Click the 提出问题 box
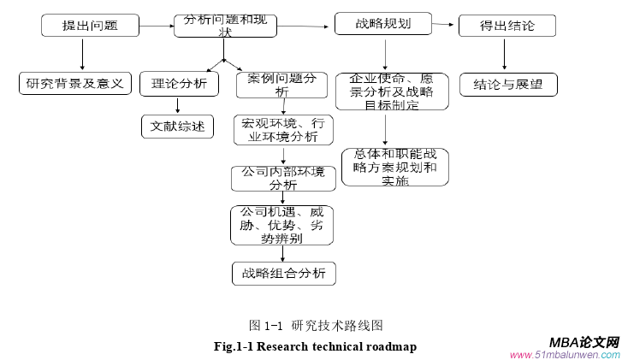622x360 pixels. [x=90, y=27]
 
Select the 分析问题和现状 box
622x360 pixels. [x=225, y=27]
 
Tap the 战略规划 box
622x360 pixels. [x=382, y=24]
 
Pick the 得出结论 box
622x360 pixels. [x=508, y=26]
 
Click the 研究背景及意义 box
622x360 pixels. [x=74, y=84]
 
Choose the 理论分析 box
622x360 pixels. [x=178, y=84]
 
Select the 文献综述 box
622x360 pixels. [x=177, y=127]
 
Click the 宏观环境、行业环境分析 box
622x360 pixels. [x=282, y=130]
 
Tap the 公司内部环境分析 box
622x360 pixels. [x=282, y=178]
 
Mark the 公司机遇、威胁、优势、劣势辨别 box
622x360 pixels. [x=281, y=225]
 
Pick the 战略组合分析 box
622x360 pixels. [x=282, y=274]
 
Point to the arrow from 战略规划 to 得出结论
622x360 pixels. [x=443, y=25]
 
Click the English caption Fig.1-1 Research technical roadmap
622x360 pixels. [x=314, y=346]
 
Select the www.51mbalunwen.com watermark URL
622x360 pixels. [x=565, y=354]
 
